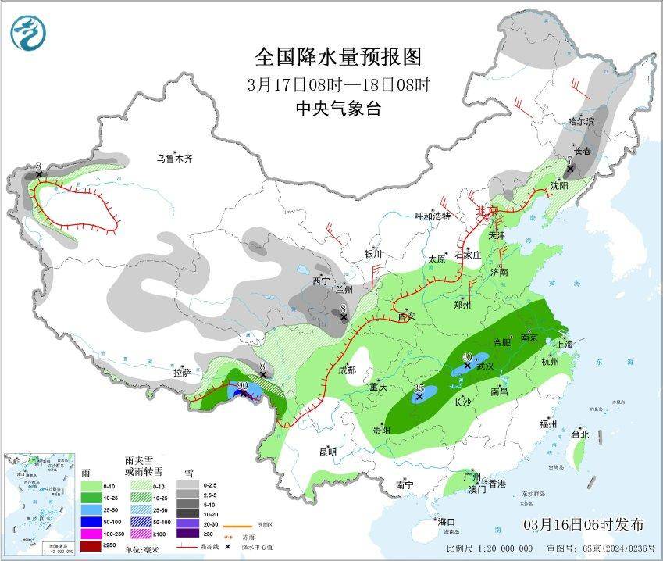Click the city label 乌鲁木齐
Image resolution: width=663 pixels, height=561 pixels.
click(173, 159)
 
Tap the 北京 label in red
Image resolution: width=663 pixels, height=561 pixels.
click(487, 211)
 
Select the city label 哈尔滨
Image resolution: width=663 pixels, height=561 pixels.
click(581, 122)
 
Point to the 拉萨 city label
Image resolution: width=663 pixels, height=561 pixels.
click(183, 373)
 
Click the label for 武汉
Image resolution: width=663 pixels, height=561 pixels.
click(485, 366)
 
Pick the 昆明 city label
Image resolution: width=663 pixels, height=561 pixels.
click(327, 452)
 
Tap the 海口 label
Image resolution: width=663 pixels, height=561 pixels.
click(447, 521)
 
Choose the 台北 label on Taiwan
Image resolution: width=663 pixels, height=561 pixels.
click(579, 434)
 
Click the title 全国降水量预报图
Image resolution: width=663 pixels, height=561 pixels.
click(338, 57)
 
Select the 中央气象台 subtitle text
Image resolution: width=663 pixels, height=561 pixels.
click(338, 109)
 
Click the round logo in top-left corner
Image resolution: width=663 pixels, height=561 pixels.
click(29, 32)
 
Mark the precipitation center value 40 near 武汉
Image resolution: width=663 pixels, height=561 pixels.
click(466, 356)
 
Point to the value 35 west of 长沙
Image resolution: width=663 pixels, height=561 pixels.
click(419, 388)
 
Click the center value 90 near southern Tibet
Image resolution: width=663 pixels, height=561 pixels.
click(242, 386)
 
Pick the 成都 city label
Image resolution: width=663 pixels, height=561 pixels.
click(347, 370)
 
